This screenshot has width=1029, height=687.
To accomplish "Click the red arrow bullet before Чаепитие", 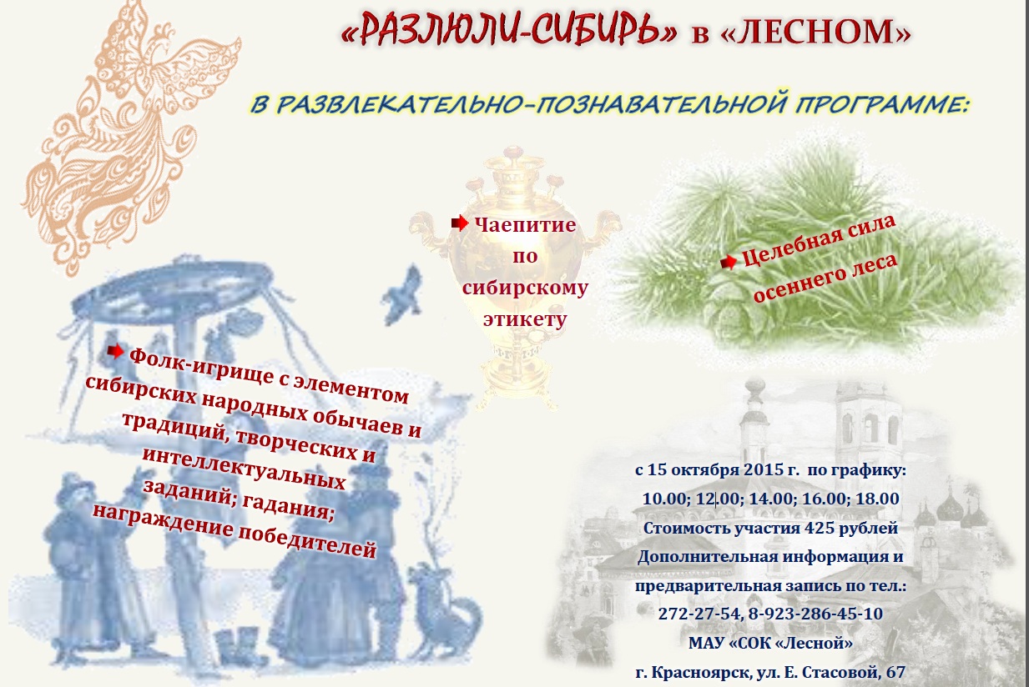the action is [459, 223].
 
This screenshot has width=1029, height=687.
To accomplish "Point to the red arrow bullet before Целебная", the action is [729, 263].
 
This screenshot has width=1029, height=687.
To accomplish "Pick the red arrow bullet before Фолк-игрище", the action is [115, 352].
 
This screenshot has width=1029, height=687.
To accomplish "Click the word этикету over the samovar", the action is [525, 320].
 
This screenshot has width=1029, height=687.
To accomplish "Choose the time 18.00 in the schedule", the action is [877, 498].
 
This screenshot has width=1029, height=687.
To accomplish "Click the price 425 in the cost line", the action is [819, 528].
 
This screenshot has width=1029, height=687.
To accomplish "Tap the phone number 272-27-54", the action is [699, 614].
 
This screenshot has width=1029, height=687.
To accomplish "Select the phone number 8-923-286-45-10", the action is [815, 614].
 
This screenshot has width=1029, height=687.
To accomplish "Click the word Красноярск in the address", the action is [702, 673].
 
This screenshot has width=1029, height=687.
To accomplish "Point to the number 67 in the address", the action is [895, 672].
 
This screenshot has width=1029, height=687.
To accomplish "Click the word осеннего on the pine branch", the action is [796, 288].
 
